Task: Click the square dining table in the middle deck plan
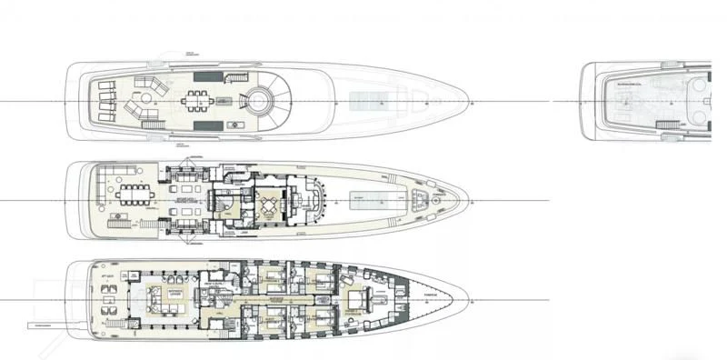[x=269, y=202]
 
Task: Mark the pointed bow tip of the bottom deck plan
[x=470, y=296]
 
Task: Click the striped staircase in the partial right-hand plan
[x=667, y=125]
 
